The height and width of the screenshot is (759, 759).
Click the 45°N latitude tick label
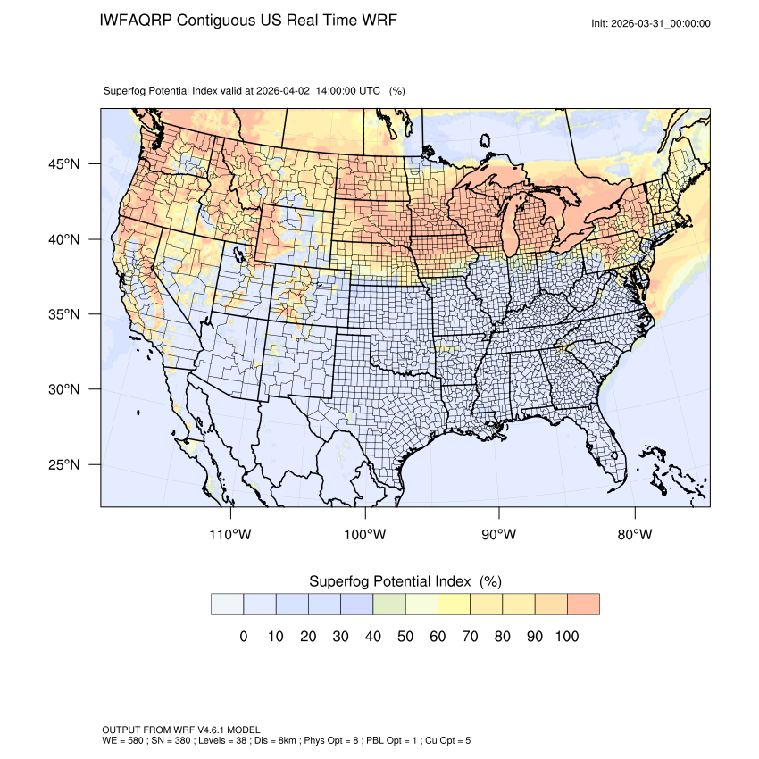click(63, 164)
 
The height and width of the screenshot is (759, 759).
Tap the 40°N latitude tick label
click(63, 239)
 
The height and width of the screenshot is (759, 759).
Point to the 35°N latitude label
click(63, 314)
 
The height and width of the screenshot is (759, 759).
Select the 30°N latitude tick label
click(63, 389)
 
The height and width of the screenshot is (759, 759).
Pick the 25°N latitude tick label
click(63, 464)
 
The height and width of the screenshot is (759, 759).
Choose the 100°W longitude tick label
click(365, 535)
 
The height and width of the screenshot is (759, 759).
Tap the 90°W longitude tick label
click(499, 535)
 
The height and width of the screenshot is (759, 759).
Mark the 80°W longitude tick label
click(634, 535)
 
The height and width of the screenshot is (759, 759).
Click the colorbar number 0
click(243, 637)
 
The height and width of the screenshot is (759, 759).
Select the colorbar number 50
click(405, 637)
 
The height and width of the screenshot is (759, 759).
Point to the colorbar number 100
click(567, 637)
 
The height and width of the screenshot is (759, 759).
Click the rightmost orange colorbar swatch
click(583, 604)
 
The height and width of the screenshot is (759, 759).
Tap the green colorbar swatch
click(389, 604)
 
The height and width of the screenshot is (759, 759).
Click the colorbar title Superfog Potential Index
click(389, 581)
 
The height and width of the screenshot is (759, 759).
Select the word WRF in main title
click(378, 21)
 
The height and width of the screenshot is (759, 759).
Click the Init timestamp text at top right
click(651, 23)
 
